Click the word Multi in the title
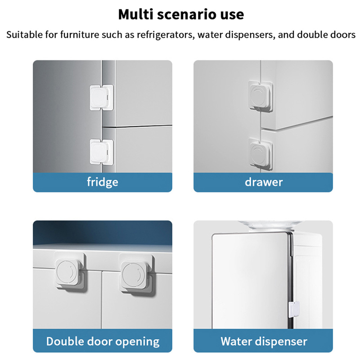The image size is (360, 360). point(135,14)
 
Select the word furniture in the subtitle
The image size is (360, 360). point(80,35)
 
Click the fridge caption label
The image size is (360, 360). point(103,182)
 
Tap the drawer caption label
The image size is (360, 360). point(264,182)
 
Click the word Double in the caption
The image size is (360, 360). point(65,341)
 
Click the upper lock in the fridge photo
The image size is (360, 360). point(101,97)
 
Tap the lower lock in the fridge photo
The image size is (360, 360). point(101,152)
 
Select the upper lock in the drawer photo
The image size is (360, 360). point(261,95)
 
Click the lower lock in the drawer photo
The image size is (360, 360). point(261,154)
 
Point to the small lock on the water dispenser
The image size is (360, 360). point(294,310)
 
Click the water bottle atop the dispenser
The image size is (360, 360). point(270,225)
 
